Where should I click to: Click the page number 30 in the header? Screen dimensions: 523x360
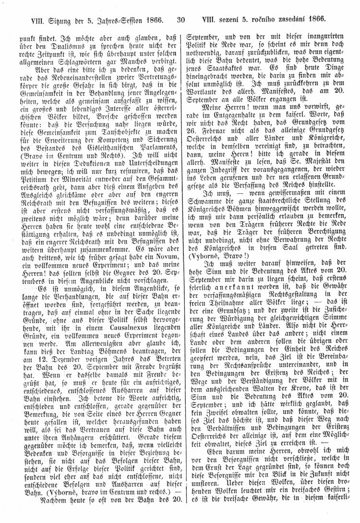(x=181, y=20)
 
